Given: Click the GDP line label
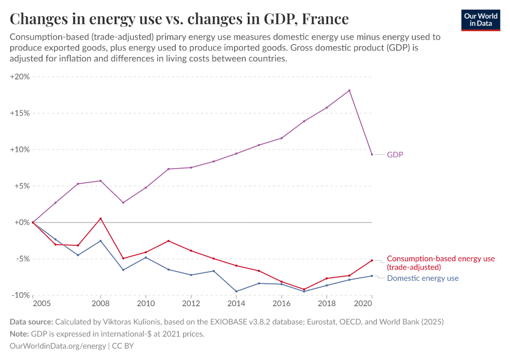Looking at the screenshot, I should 395,155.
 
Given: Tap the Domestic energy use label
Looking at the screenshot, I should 422,278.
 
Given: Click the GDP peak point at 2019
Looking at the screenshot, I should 349,91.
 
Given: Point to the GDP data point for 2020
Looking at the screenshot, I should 372,154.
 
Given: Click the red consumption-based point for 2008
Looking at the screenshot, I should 101,218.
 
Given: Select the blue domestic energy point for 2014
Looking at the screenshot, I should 236,292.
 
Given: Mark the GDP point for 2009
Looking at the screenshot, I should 123,202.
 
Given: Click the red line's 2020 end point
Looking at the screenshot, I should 372,260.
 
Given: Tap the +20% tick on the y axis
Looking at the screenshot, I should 20,77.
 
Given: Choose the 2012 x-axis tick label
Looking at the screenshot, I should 191,305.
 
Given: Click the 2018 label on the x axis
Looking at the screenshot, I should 326,305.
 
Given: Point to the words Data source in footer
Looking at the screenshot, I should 31,322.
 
